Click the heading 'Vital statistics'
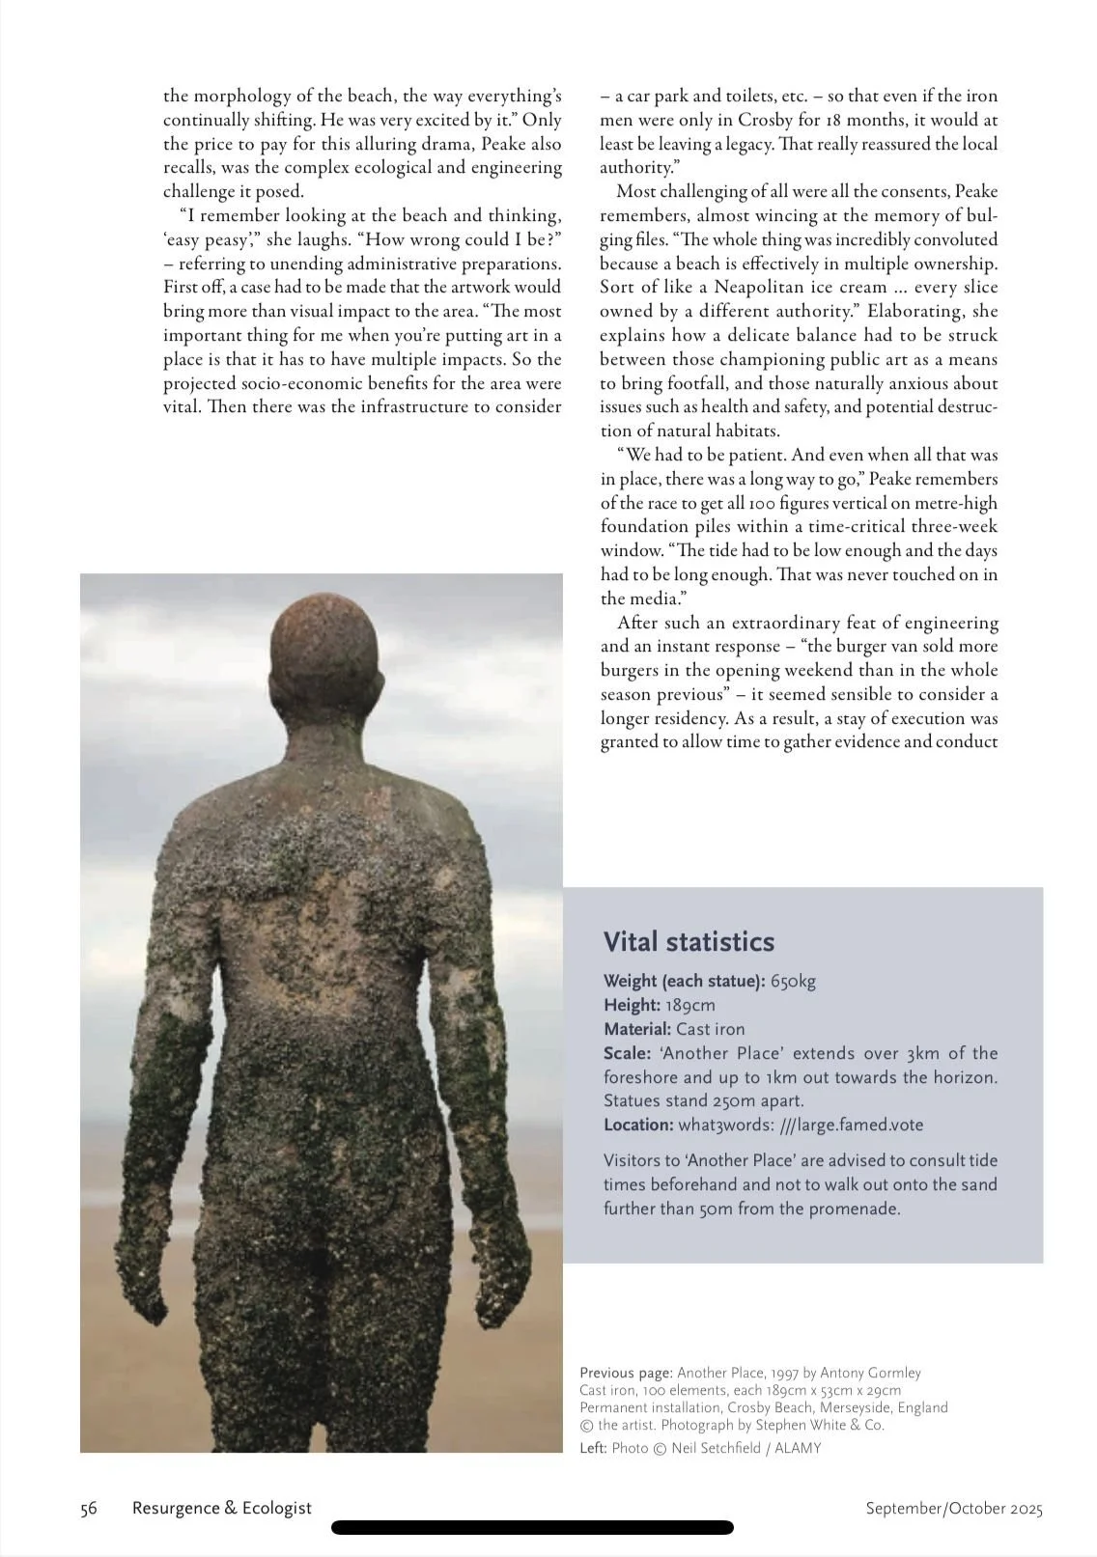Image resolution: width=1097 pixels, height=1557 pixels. coord(689,942)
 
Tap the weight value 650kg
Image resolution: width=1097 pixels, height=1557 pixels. coord(793,982)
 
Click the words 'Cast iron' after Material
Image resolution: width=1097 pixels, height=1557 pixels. coord(710,1029)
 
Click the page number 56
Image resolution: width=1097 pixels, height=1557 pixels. coord(89,1509)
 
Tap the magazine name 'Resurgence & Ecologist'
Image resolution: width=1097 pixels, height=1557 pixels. coord(222,1508)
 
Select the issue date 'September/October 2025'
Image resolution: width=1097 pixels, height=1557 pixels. coord(953,1509)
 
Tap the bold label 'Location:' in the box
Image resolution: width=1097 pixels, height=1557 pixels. coord(638,1125)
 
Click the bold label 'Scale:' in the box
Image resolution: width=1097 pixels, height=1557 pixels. coord(627,1053)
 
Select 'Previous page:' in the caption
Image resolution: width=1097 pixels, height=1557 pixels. coord(626,1373)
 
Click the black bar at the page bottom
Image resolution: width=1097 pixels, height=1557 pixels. coord(532,1528)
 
